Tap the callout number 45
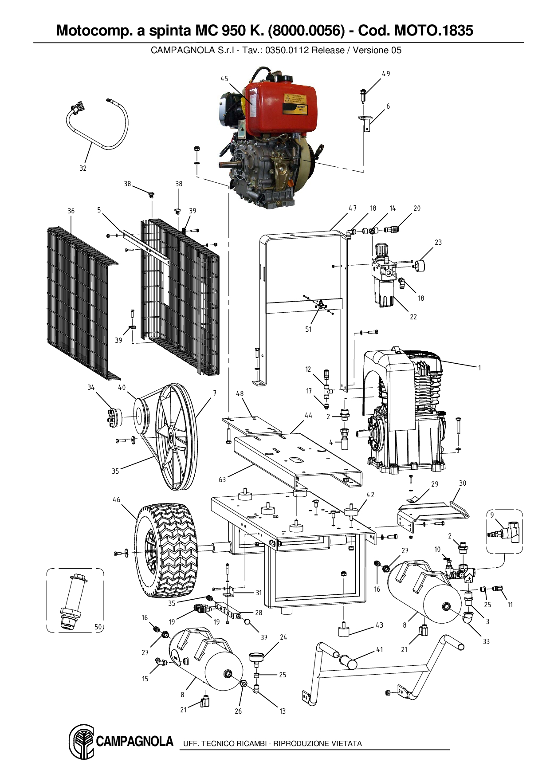click(224, 79)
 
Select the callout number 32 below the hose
click(83, 168)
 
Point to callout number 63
click(222, 479)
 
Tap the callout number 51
click(308, 329)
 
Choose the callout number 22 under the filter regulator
click(413, 317)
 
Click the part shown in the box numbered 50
click(71, 601)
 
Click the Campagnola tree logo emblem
click(81, 741)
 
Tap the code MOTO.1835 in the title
click(434, 30)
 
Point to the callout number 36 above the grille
click(71, 211)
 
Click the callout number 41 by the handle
click(380, 649)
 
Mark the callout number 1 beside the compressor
click(479, 367)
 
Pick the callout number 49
click(386, 74)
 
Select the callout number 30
click(463, 483)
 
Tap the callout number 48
click(240, 393)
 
